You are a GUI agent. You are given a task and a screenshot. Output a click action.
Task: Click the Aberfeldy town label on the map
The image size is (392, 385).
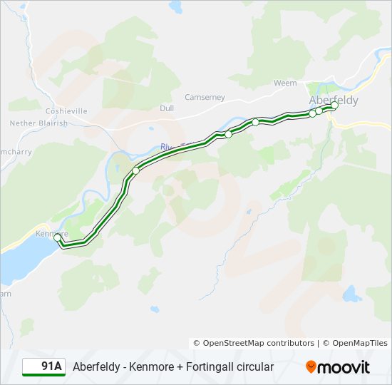click(x=334, y=101)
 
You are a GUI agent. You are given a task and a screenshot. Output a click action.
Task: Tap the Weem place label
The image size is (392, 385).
click(x=285, y=83)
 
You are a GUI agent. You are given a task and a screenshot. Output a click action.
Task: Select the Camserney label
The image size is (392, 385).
click(x=205, y=97)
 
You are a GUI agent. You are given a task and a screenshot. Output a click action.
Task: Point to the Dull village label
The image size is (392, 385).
click(x=167, y=108)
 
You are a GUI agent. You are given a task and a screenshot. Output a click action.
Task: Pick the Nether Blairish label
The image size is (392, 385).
click(x=38, y=123)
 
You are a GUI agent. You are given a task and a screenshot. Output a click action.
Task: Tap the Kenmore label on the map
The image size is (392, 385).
click(x=51, y=233)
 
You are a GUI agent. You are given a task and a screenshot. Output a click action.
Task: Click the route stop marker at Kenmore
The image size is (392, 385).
click(x=58, y=237)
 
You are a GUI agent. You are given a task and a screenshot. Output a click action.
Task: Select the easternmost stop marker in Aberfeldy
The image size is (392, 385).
click(x=334, y=106)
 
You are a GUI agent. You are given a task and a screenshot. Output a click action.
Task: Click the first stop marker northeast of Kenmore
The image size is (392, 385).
click(x=135, y=171)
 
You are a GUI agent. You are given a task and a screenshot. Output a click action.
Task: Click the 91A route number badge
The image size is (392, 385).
click(x=43, y=366)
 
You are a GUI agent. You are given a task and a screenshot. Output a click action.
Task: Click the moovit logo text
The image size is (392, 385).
click(x=344, y=367)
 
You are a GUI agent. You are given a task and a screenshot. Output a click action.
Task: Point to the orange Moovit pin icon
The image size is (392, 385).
click(x=311, y=367)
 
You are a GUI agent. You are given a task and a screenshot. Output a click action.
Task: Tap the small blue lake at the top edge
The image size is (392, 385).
click(x=175, y=6)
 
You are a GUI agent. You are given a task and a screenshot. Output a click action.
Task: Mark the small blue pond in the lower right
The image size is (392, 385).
click(x=350, y=293)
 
